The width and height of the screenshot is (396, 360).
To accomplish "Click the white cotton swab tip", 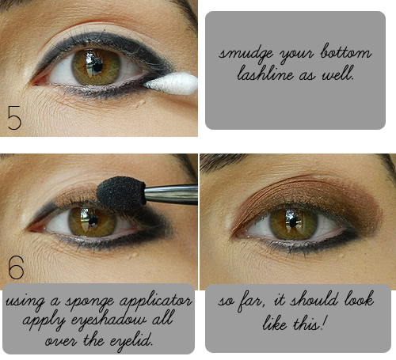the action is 172,84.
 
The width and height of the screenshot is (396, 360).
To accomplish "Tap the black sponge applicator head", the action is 121,193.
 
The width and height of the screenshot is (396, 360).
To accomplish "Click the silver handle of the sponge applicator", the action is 172,195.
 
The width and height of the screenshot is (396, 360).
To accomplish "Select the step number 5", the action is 14,118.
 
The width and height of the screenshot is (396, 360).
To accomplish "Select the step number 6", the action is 16,267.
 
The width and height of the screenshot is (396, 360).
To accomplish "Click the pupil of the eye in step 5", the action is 97,67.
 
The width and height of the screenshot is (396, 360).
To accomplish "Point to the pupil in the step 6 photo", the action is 93,221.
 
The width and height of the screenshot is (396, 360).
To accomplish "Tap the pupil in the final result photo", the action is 293,223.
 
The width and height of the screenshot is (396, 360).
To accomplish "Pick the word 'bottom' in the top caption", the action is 346,51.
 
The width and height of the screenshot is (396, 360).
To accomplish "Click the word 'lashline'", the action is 265,73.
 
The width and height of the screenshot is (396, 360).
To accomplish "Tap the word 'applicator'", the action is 156,301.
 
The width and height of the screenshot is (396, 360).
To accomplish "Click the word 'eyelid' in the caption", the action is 131,341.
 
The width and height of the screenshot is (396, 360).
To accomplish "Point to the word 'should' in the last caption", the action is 314,300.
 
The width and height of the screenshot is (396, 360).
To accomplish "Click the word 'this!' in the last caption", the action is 310,322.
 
